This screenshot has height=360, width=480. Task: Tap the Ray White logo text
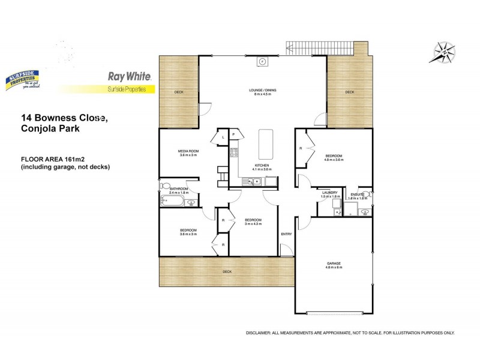point(129,76)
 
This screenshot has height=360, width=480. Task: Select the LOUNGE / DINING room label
point(262,90)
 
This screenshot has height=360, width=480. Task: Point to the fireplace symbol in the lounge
point(262,61)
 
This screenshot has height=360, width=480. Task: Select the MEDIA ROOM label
point(188,151)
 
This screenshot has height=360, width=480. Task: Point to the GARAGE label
point(334,263)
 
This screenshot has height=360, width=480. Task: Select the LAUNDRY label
point(330,193)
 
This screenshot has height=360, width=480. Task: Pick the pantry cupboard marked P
point(234,136)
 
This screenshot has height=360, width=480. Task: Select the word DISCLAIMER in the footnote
point(260,332)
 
